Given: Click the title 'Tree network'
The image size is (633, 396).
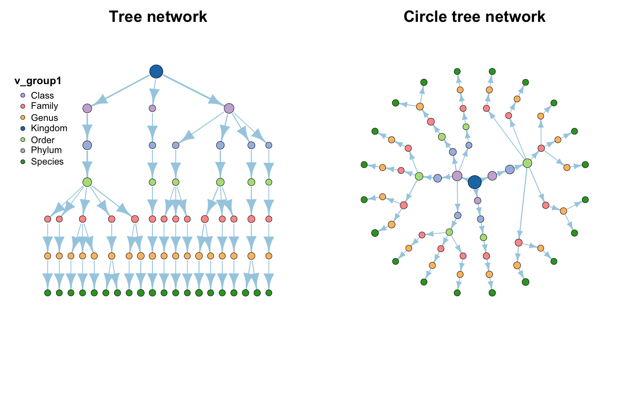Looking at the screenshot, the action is pyautogui.click(x=158, y=16).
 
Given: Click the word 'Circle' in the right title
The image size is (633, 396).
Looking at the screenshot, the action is pyautogui.click(x=425, y=16).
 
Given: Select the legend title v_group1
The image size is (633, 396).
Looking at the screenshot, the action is pyautogui.click(x=38, y=81).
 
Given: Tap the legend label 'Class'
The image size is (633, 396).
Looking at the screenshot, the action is pyautogui.click(x=42, y=96).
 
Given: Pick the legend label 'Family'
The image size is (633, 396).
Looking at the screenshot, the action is pyautogui.click(x=45, y=106).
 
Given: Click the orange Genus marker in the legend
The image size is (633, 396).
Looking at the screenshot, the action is pyautogui.click(x=23, y=118).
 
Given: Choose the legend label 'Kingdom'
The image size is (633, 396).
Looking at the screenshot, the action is pyautogui.click(x=49, y=128).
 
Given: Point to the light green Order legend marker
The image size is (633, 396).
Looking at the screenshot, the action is pyautogui.click(x=23, y=140).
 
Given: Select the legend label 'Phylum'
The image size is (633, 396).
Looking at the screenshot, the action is pyautogui.click(x=46, y=150).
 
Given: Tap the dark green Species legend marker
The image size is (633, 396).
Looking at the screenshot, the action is pyautogui.click(x=23, y=162).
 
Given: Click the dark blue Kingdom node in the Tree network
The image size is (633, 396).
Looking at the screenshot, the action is pyautogui.click(x=156, y=71).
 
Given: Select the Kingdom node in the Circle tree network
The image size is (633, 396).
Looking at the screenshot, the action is pyautogui.click(x=475, y=182).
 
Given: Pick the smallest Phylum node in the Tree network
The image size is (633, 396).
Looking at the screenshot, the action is pyautogui.click(x=152, y=108).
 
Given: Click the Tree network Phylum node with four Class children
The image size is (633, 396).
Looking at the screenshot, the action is pyautogui.click(x=229, y=108).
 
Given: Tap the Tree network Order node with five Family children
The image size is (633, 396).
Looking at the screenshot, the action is pyautogui.click(x=87, y=182).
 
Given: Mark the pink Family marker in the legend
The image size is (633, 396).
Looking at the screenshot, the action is pyautogui.click(x=23, y=106).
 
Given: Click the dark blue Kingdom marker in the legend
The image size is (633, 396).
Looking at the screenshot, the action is pyautogui.click(x=23, y=128).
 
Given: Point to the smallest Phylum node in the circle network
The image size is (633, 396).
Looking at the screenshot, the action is pyautogui.click(x=478, y=200).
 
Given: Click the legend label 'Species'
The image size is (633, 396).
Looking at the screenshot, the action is pyautogui.click(x=47, y=162).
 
